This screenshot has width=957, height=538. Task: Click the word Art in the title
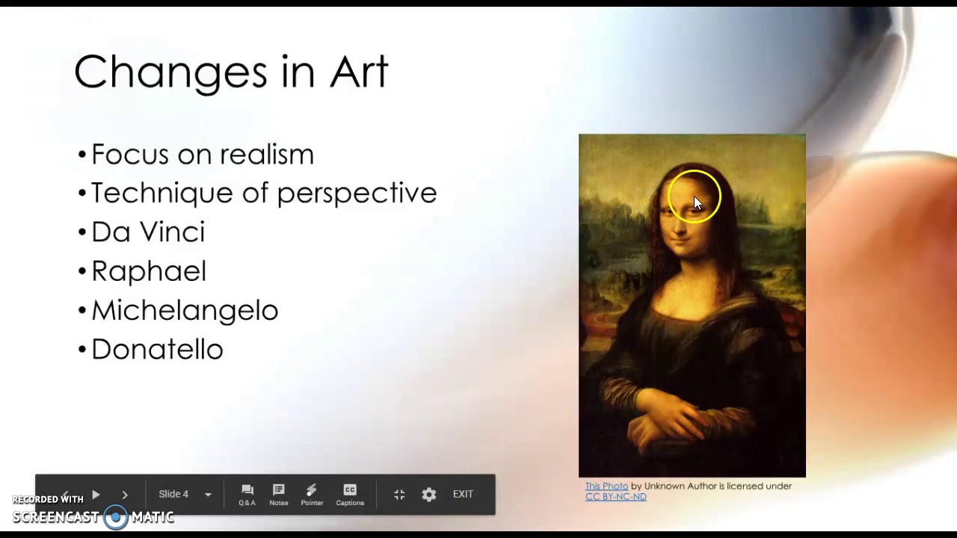click(358, 72)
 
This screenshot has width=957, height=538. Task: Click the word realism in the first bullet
click(266, 155)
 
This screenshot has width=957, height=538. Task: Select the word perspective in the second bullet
click(357, 194)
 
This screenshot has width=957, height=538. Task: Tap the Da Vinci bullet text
click(148, 232)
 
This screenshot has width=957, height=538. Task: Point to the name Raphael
click(149, 271)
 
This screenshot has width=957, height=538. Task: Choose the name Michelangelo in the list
click(185, 310)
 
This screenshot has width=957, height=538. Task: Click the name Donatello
click(157, 349)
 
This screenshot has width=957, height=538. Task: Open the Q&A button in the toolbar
click(247, 494)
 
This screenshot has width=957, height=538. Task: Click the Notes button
click(279, 494)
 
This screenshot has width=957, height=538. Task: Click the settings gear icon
click(429, 495)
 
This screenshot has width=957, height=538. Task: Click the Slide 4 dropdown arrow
click(208, 495)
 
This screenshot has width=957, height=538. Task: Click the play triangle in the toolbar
click(96, 495)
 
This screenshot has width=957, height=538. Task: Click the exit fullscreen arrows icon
click(399, 495)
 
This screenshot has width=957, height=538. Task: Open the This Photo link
click(606, 486)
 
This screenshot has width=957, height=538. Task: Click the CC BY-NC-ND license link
click(616, 497)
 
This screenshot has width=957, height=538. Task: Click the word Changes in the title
click(170, 72)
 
